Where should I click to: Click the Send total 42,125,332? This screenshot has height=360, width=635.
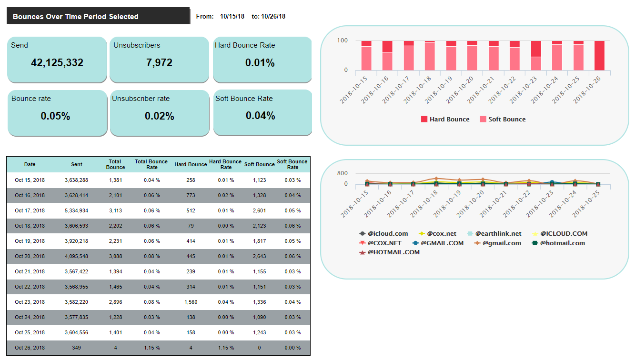pos(57,63)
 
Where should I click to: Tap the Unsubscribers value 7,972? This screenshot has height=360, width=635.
pos(159,63)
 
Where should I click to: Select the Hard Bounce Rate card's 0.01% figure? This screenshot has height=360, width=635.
pos(260,63)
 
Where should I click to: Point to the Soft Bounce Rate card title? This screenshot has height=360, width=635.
pos(244,99)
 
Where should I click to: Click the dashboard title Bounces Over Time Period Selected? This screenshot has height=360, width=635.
pos(75,17)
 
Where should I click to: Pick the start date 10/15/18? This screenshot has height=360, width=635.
pos(232,17)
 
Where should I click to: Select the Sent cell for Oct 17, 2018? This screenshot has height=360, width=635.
pos(77,210)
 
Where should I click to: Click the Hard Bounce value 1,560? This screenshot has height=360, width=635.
pos(191,302)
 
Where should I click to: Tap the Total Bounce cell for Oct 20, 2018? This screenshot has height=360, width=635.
pos(115,256)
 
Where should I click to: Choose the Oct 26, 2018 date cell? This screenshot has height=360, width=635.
pos(30,348)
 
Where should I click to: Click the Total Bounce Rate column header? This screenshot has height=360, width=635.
pos(151,164)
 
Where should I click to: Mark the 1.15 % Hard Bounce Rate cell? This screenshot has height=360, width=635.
pos(226,348)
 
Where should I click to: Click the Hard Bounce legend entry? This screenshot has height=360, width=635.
pos(445,120)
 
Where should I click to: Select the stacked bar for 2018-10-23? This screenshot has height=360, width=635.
pos(536,55)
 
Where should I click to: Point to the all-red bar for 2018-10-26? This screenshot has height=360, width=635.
pos(599,55)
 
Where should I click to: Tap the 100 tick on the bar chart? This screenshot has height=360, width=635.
pos(343,41)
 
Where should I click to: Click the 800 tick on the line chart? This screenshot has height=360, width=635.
pos(343,173)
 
